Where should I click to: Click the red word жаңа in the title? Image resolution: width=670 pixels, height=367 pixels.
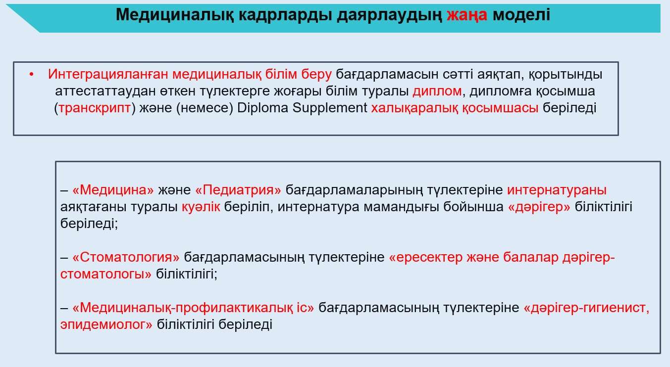click(467, 15)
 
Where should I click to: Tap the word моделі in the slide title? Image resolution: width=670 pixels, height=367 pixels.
click(521, 14)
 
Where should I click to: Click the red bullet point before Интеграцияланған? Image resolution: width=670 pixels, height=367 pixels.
click(31, 75)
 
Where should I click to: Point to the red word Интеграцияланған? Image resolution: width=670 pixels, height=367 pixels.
click(108, 74)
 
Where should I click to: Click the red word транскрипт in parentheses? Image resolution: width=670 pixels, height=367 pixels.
click(95, 108)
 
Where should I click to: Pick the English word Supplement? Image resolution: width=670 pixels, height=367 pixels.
click(330, 108)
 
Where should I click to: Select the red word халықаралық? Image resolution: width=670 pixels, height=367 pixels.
click(414, 108)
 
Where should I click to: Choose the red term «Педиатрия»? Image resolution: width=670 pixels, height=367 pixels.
click(238, 190)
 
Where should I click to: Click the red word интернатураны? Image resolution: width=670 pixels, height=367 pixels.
click(557, 190)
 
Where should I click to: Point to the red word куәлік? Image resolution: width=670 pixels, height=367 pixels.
click(201, 207)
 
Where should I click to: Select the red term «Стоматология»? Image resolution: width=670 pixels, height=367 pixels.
click(126, 257)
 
